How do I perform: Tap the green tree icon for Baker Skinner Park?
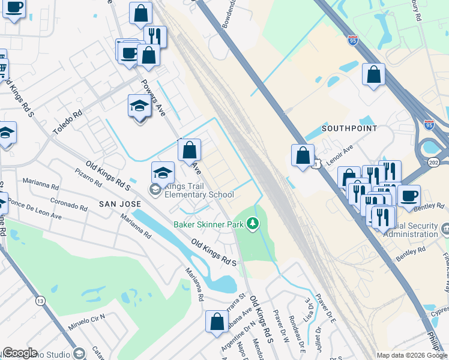point(253,224)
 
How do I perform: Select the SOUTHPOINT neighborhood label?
point(349,128)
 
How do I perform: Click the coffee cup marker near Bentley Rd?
point(409,196)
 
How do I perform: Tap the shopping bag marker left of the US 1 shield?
point(303,155)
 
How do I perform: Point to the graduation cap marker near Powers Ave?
point(139,107)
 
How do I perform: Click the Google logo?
point(20,353)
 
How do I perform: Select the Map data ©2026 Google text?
point(412,355)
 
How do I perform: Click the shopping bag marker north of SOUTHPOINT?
point(374,75)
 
